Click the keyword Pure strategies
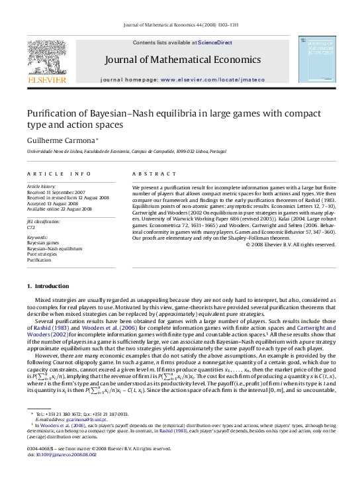(x=40, y=254)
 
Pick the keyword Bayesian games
(x=40, y=243)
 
